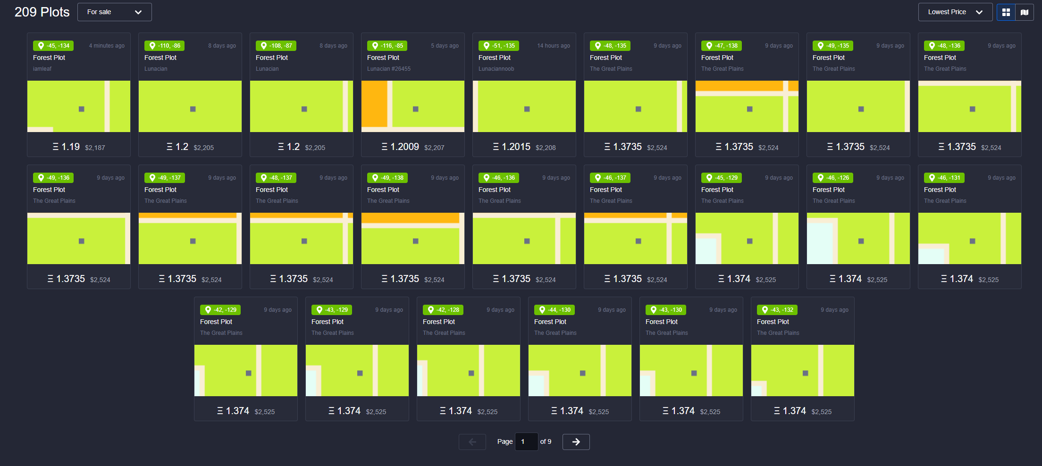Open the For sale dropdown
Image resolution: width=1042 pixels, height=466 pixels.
point(114,12)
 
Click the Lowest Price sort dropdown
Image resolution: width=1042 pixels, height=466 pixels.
point(955,12)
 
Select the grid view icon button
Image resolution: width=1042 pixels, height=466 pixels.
point(1006,12)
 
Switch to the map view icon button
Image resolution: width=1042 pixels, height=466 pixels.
point(1025,12)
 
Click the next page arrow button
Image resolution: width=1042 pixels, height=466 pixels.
point(576,442)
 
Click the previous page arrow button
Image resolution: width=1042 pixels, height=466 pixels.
point(472,442)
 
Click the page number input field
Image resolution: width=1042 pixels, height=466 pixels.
point(526,442)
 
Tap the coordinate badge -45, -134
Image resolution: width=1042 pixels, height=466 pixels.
point(53,46)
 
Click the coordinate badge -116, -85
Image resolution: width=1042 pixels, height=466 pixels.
point(387,46)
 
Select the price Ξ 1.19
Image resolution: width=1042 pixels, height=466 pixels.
point(66,147)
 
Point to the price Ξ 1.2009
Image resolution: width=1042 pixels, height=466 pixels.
point(400,147)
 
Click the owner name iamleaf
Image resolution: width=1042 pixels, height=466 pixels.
point(42,69)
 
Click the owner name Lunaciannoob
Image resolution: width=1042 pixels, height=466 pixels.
point(496,69)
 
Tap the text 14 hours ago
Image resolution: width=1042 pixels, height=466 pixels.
point(554,46)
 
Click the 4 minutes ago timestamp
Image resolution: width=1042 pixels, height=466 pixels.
point(107,46)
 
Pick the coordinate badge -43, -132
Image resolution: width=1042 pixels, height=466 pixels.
point(777,310)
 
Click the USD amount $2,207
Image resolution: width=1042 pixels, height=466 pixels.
point(434,148)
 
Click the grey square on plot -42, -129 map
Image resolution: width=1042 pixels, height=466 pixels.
point(249,373)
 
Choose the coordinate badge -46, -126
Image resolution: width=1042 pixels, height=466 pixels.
point(833,178)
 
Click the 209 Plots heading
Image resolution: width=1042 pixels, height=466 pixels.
point(42,12)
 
